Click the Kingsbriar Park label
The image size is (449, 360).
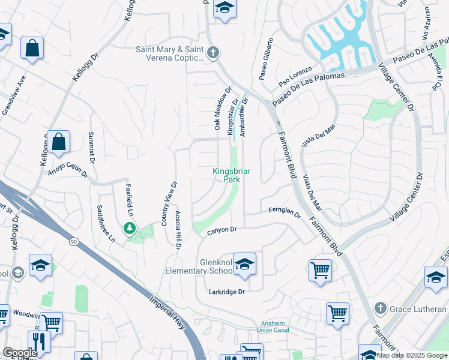[x=231, y=175]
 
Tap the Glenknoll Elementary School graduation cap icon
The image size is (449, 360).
[x=244, y=265]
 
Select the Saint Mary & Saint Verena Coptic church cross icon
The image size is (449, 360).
[x=212, y=53]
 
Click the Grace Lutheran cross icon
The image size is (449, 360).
[x=379, y=308]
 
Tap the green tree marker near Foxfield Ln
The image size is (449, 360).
[x=129, y=228]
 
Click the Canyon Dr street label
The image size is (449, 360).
[x=223, y=230]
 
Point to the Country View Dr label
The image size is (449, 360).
[x=168, y=204]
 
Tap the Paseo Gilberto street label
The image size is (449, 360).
[x=266, y=58]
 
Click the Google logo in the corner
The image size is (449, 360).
[x=20, y=353]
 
